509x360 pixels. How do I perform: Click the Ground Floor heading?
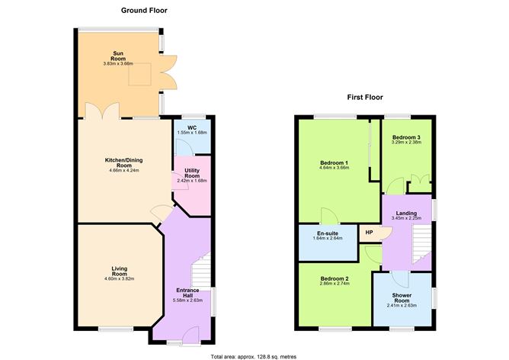[x=145, y=11]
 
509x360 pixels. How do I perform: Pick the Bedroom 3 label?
[x=405, y=137]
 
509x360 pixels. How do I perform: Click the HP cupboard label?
[x=369, y=233]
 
